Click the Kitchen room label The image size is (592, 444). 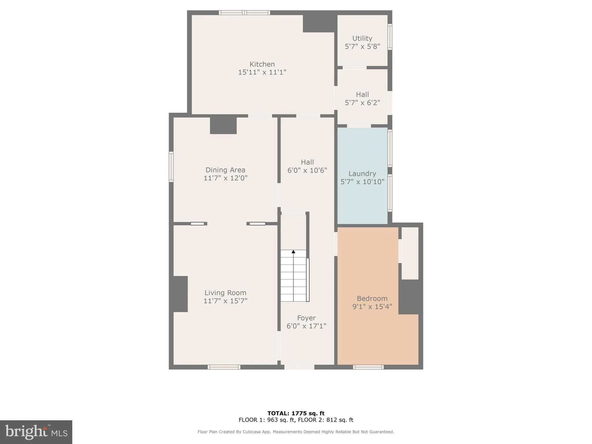[262, 64]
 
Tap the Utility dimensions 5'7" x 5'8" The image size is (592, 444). [362, 47]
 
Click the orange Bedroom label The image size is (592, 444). [372, 299]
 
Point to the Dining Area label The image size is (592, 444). [225, 170]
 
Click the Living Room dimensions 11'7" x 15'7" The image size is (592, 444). [225, 301]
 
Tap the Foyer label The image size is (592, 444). [306, 318]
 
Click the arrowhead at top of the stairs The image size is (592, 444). [293, 252]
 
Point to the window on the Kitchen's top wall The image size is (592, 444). [244, 13]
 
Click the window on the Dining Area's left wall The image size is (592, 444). [171, 167]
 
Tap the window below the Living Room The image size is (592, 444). [224, 367]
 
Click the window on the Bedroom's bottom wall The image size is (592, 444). [368, 367]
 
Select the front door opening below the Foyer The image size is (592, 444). [299, 367]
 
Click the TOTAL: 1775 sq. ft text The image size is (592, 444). [296, 413]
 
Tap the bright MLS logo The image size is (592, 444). [36, 432]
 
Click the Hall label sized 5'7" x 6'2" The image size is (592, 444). [362, 95]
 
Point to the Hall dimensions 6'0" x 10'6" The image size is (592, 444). [307, 170]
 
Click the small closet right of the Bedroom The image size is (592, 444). [410, 253]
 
